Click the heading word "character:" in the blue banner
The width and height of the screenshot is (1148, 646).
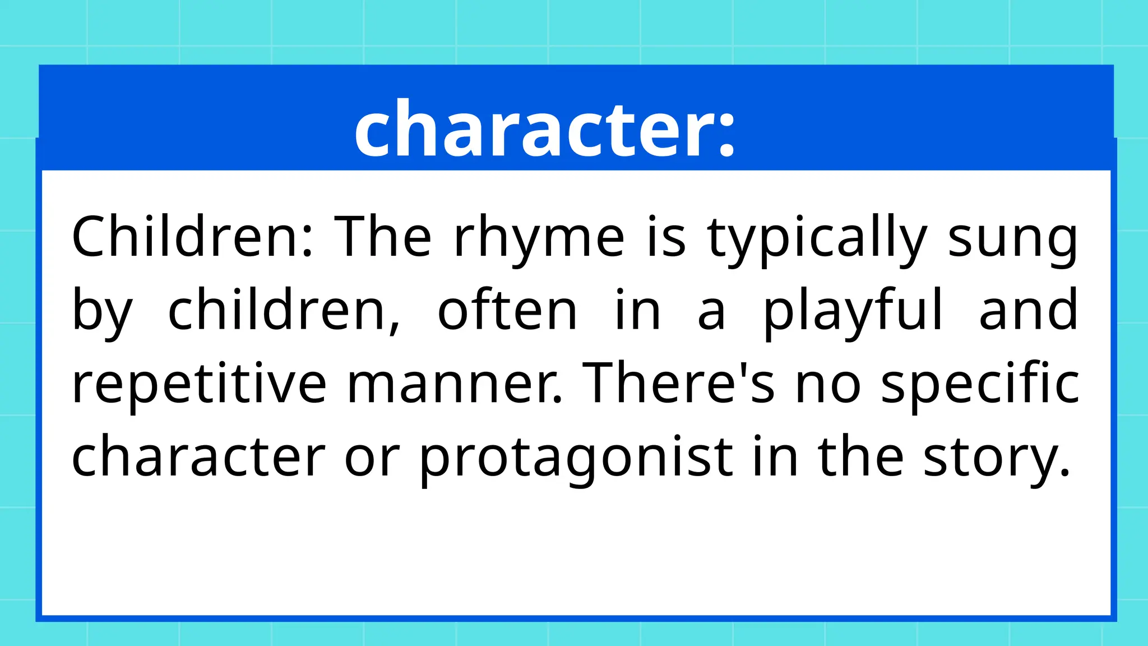pos(544,130)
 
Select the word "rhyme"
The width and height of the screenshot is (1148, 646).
pos(539,237)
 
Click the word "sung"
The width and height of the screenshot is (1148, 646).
pos(1012,237)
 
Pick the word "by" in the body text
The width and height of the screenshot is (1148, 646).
pos(103,310)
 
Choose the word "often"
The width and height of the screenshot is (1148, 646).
pos(507,310)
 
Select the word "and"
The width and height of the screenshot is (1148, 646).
pos(1028,310)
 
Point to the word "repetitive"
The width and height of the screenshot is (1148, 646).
pos(199,384)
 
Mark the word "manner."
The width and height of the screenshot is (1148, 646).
pos(455,384)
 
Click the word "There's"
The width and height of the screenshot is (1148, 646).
pos(679,384)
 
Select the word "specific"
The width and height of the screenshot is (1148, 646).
pos(980,384)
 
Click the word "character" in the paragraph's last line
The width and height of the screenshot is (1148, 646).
pos(198,457)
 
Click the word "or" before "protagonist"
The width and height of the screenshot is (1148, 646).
pos(372,457)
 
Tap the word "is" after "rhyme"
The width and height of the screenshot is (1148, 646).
pos(666,237)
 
